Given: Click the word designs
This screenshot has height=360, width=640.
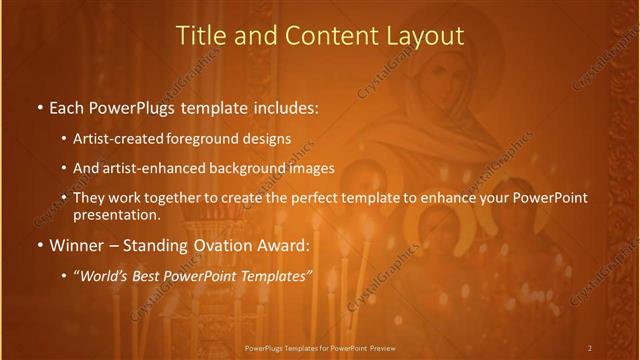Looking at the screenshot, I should (x=269, y=139).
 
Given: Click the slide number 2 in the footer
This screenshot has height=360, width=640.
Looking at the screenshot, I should (x=589, y=347).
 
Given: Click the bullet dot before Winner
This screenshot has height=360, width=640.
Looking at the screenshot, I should (x=39, y=245).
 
